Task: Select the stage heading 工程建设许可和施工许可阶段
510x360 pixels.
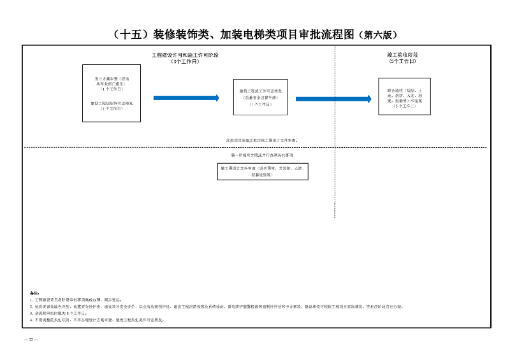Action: [185, 55]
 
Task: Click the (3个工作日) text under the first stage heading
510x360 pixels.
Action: [185, 61]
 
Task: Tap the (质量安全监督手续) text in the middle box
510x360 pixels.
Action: [260, 97]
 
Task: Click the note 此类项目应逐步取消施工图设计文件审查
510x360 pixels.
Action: [261, 140]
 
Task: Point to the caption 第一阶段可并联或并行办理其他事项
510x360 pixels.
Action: [261, 155]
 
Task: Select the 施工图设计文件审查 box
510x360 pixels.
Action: [262, 171]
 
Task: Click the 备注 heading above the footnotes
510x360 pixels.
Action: [35, 293]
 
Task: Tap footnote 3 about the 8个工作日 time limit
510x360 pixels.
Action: [58, 313]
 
